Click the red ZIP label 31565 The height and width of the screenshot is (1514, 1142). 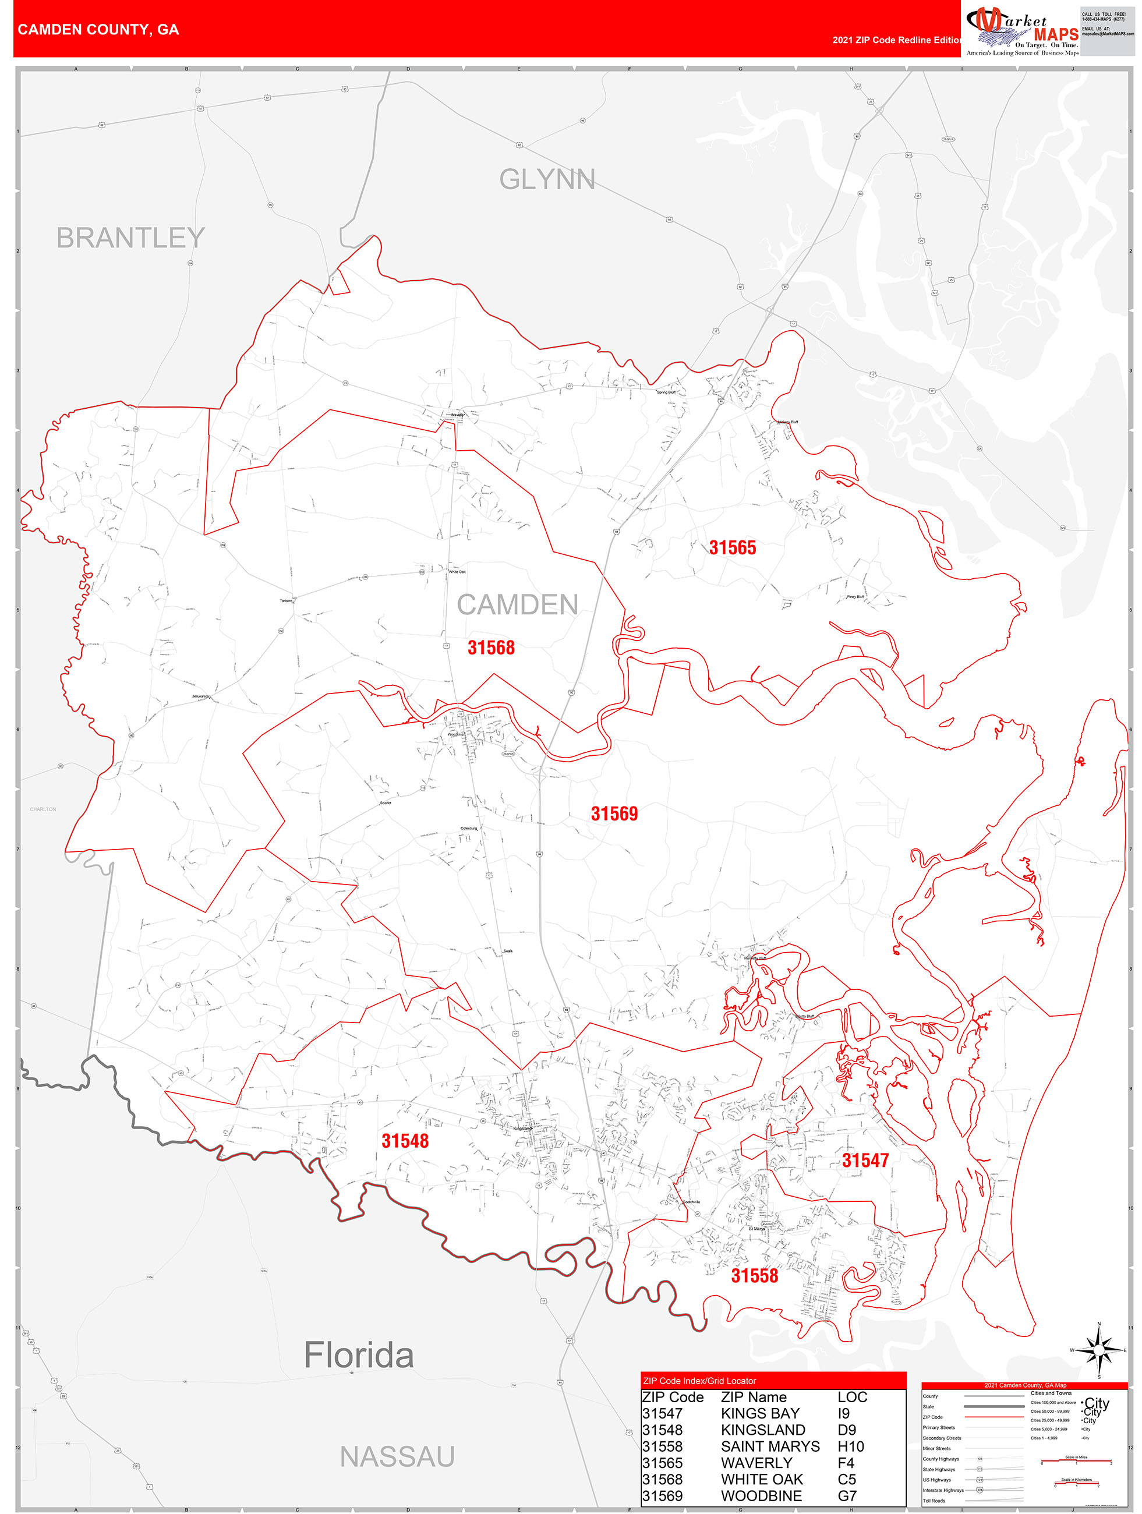click(732, 547)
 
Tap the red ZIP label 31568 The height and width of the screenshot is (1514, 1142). click(490, 648)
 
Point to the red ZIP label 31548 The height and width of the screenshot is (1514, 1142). click(405, 1140)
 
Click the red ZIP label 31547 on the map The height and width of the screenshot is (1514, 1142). click(865, 1160)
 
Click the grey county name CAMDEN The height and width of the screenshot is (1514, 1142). click(517, 604)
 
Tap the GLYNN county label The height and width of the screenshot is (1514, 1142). click(546, 179)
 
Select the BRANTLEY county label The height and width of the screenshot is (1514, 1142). click(130, 238)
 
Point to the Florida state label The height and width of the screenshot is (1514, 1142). click(358, 1355)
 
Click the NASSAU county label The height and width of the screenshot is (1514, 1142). click(397, 1457)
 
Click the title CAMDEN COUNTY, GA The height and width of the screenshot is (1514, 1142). click(98, 30)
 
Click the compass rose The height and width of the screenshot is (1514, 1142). click(1099, 1350)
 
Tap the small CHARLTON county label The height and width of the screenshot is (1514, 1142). click(43, 809)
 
